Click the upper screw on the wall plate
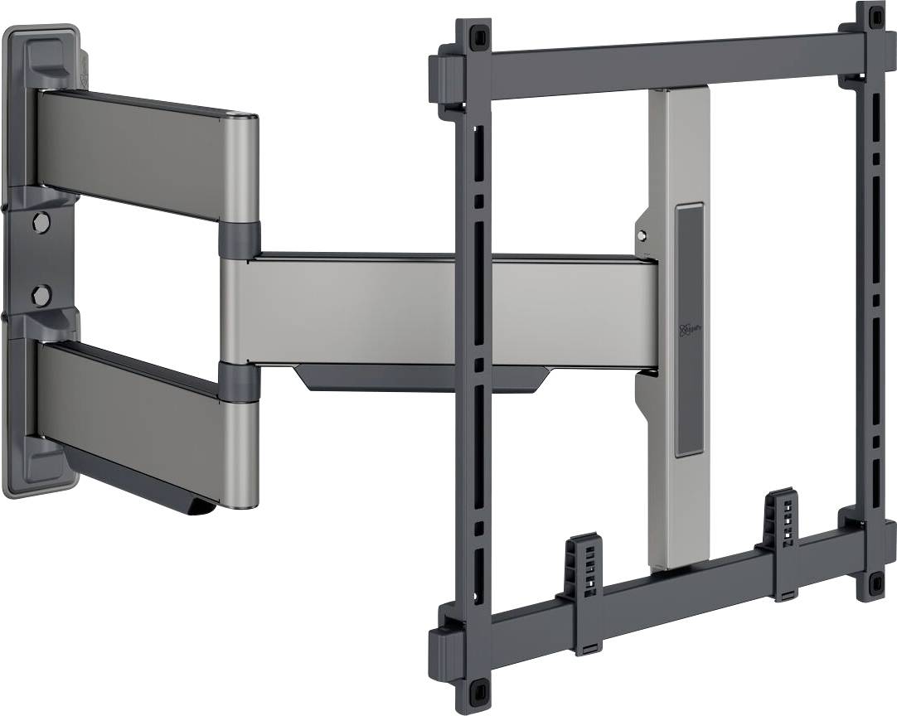pos(39,221)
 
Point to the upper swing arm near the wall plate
pos(141,153)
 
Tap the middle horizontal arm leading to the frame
pos(448,311)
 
